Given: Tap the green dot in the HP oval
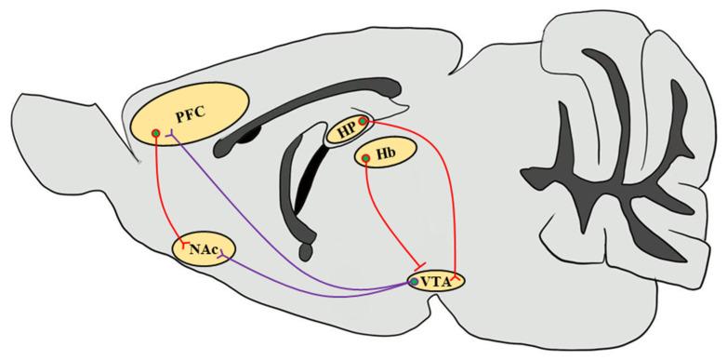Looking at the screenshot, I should click(363, 122).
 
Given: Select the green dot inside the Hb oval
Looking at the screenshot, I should click(366, 160).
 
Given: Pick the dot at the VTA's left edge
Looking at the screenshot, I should click(414, 280).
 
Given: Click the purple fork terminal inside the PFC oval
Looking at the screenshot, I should click(171, 137).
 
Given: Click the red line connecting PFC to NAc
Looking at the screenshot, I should click(159, 186).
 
